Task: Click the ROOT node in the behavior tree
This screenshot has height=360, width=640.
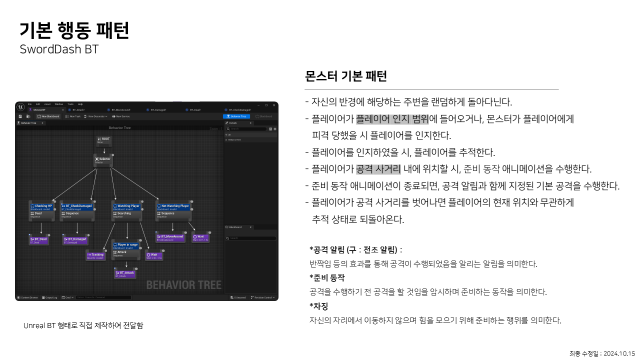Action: click(x=103, y=140)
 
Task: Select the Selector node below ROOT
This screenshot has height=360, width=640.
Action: click(x=103, y=160)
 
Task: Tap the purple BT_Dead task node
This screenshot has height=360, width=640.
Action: click(x=39, y=240)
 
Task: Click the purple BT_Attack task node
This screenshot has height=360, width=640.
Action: click(x=125, y=273)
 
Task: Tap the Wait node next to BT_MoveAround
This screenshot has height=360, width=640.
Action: click(x=200, y=237)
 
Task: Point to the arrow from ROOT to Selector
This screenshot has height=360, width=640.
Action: click(x=104, y=150)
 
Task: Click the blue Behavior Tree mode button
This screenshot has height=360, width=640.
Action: click(x=236, y=116)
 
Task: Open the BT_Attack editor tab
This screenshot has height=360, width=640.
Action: click(x=79, y=109)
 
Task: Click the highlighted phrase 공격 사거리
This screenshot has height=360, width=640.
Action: click(x=378, y=169)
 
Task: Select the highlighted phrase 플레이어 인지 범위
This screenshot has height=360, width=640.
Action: click(x=392, y=119)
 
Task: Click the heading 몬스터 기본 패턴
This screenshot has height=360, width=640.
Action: click(x=346, y=76)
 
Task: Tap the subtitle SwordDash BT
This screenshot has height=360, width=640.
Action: click(x=59, y=49)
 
